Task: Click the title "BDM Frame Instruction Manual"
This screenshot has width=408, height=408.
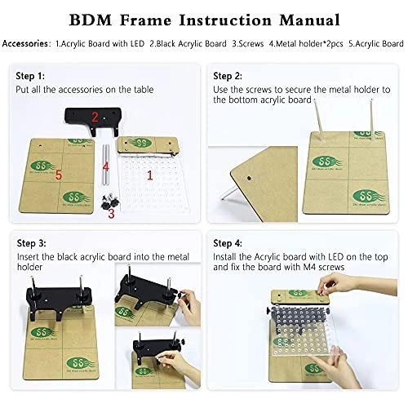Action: tap(204, 17)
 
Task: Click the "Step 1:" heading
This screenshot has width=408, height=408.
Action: tap(31, 75)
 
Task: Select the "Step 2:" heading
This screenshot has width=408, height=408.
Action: tap(228, 75)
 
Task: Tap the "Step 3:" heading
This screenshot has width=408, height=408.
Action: tap(31, 243)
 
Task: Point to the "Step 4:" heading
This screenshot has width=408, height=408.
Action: tap(228, 243)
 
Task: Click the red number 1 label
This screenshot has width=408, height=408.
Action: tap(149, 175)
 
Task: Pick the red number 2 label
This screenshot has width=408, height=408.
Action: tap(95, 117)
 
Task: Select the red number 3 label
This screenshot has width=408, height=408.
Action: tap(112, 213)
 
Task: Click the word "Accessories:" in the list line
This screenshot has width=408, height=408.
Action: tap(26, 42)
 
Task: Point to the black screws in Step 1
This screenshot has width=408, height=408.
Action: tap(104, 198)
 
